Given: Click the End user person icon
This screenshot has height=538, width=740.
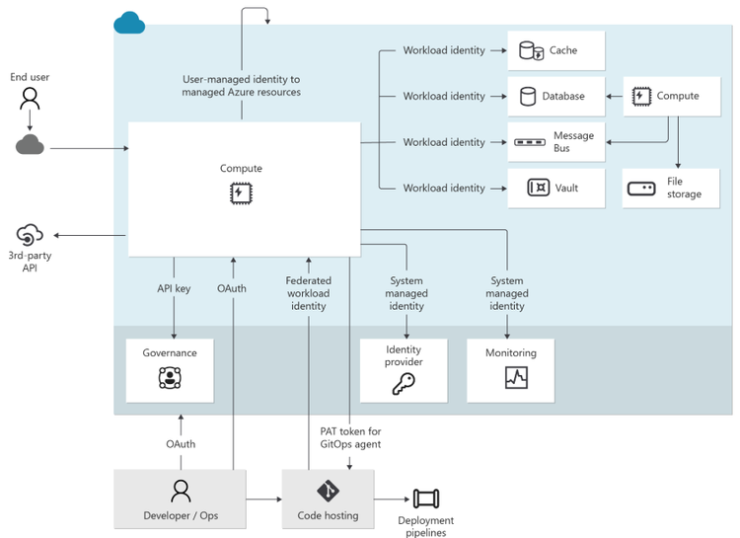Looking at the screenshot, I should (31, 99).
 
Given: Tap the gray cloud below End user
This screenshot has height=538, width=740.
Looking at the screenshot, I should (31, 145).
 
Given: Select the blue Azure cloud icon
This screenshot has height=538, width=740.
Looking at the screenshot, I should (129, 22).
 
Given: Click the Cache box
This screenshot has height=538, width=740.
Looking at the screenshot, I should (555, 50).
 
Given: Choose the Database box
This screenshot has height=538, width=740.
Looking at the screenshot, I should (555, 96).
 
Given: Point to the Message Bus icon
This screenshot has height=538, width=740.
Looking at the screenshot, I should (530, 142).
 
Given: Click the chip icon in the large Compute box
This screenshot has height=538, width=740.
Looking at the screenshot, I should (241, 192).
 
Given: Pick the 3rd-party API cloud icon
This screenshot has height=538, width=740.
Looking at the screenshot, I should (30, 236).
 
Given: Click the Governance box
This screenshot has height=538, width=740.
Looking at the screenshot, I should (170, 370).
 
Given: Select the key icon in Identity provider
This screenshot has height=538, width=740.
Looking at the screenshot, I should (404, 384).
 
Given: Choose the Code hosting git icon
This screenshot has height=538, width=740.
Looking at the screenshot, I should (329, 491).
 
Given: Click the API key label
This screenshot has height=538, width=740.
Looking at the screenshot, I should (174, 288).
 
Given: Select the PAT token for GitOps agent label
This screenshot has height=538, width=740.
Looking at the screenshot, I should (350, 437).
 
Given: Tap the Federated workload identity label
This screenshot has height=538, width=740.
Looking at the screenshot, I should (308, 293).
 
